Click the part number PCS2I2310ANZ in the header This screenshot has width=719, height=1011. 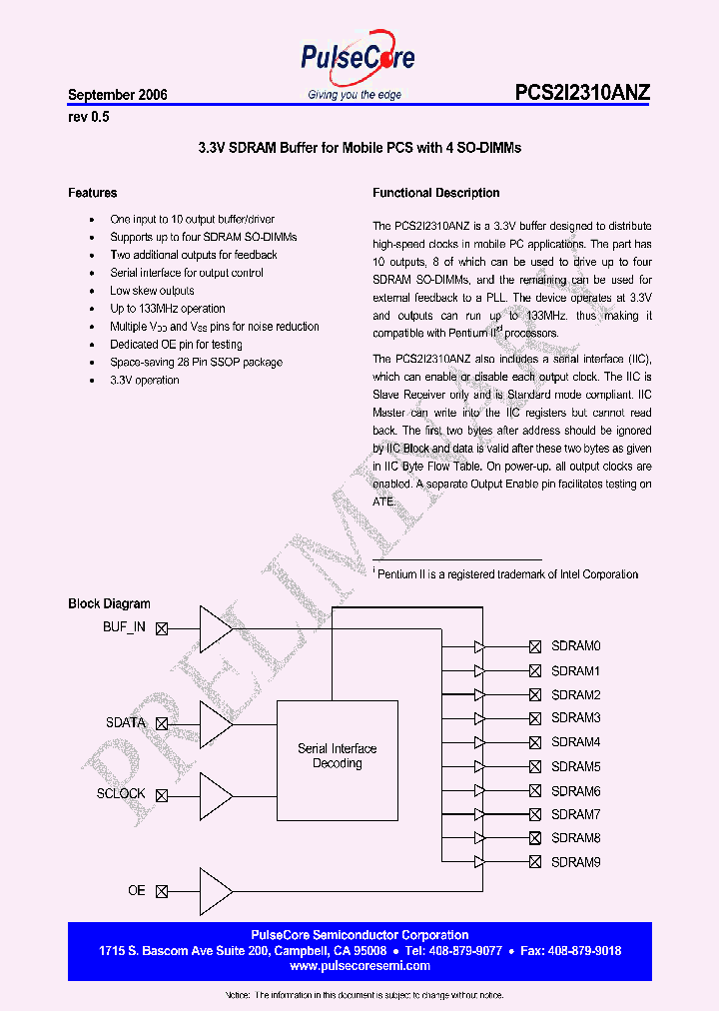582,93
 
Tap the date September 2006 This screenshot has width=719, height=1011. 118,95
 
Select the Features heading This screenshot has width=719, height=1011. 93,193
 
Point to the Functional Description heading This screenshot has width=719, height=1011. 436,193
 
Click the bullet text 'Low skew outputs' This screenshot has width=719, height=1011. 152,291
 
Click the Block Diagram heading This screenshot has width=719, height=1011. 109,603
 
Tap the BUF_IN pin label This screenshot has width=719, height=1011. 124,627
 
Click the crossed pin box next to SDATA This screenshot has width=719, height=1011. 162,723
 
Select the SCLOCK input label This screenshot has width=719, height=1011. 121,794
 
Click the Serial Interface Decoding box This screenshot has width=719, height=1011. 337,756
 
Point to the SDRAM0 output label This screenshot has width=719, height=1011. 575,646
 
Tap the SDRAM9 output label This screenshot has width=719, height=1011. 575,862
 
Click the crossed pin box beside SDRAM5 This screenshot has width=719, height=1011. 535,767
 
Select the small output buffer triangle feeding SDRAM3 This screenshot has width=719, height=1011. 479,718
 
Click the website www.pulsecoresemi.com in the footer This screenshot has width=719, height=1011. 359,966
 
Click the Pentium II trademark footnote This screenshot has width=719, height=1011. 506,574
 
